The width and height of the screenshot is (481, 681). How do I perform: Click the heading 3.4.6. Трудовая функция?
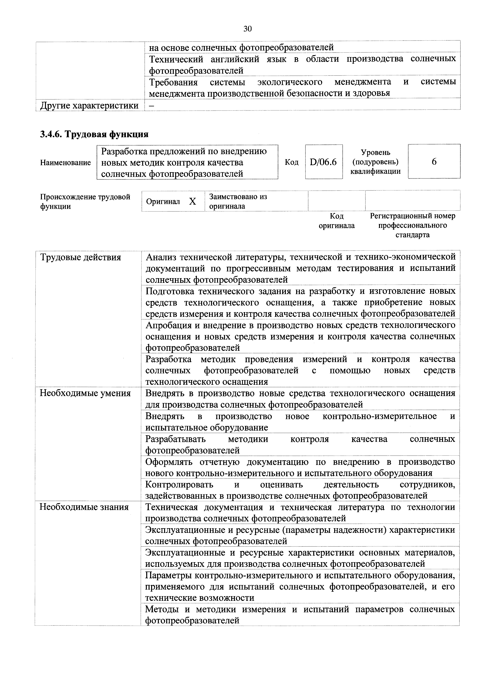click(x=94, y=134)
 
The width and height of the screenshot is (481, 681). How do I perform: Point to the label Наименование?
click(x=66, y=162)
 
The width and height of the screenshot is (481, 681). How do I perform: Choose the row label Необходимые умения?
click(x=85, y=393)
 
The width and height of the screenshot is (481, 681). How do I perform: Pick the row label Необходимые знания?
click(x=84, y=507)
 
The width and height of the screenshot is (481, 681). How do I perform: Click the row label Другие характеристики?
click(x=89, y=105)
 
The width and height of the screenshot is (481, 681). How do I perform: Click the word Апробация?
click(x=168, y=325)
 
